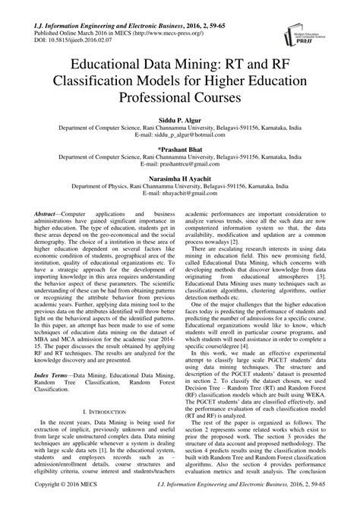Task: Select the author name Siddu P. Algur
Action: pos(179,119)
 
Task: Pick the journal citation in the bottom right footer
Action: pos(266,503)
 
